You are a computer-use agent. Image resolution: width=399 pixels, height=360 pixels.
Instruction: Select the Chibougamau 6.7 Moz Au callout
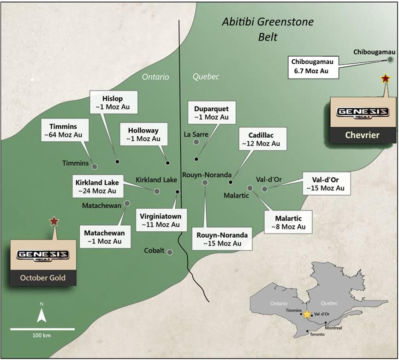tap(314, 66)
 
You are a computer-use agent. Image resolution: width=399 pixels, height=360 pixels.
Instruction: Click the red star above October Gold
tap(54, 221)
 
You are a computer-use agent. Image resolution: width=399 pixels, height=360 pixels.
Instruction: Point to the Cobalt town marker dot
tap(170, 252)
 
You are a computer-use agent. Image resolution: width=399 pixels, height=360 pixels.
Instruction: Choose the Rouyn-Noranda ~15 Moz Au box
tap(222, 239)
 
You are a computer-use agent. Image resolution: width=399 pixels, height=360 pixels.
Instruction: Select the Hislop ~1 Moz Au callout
tap(113, 102)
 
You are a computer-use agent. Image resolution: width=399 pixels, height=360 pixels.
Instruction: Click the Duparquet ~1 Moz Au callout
tap(211, 113)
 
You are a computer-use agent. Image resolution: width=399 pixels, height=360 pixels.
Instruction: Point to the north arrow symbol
tap(41, 315)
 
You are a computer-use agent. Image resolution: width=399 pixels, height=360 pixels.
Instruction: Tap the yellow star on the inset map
tap(307, 314)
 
